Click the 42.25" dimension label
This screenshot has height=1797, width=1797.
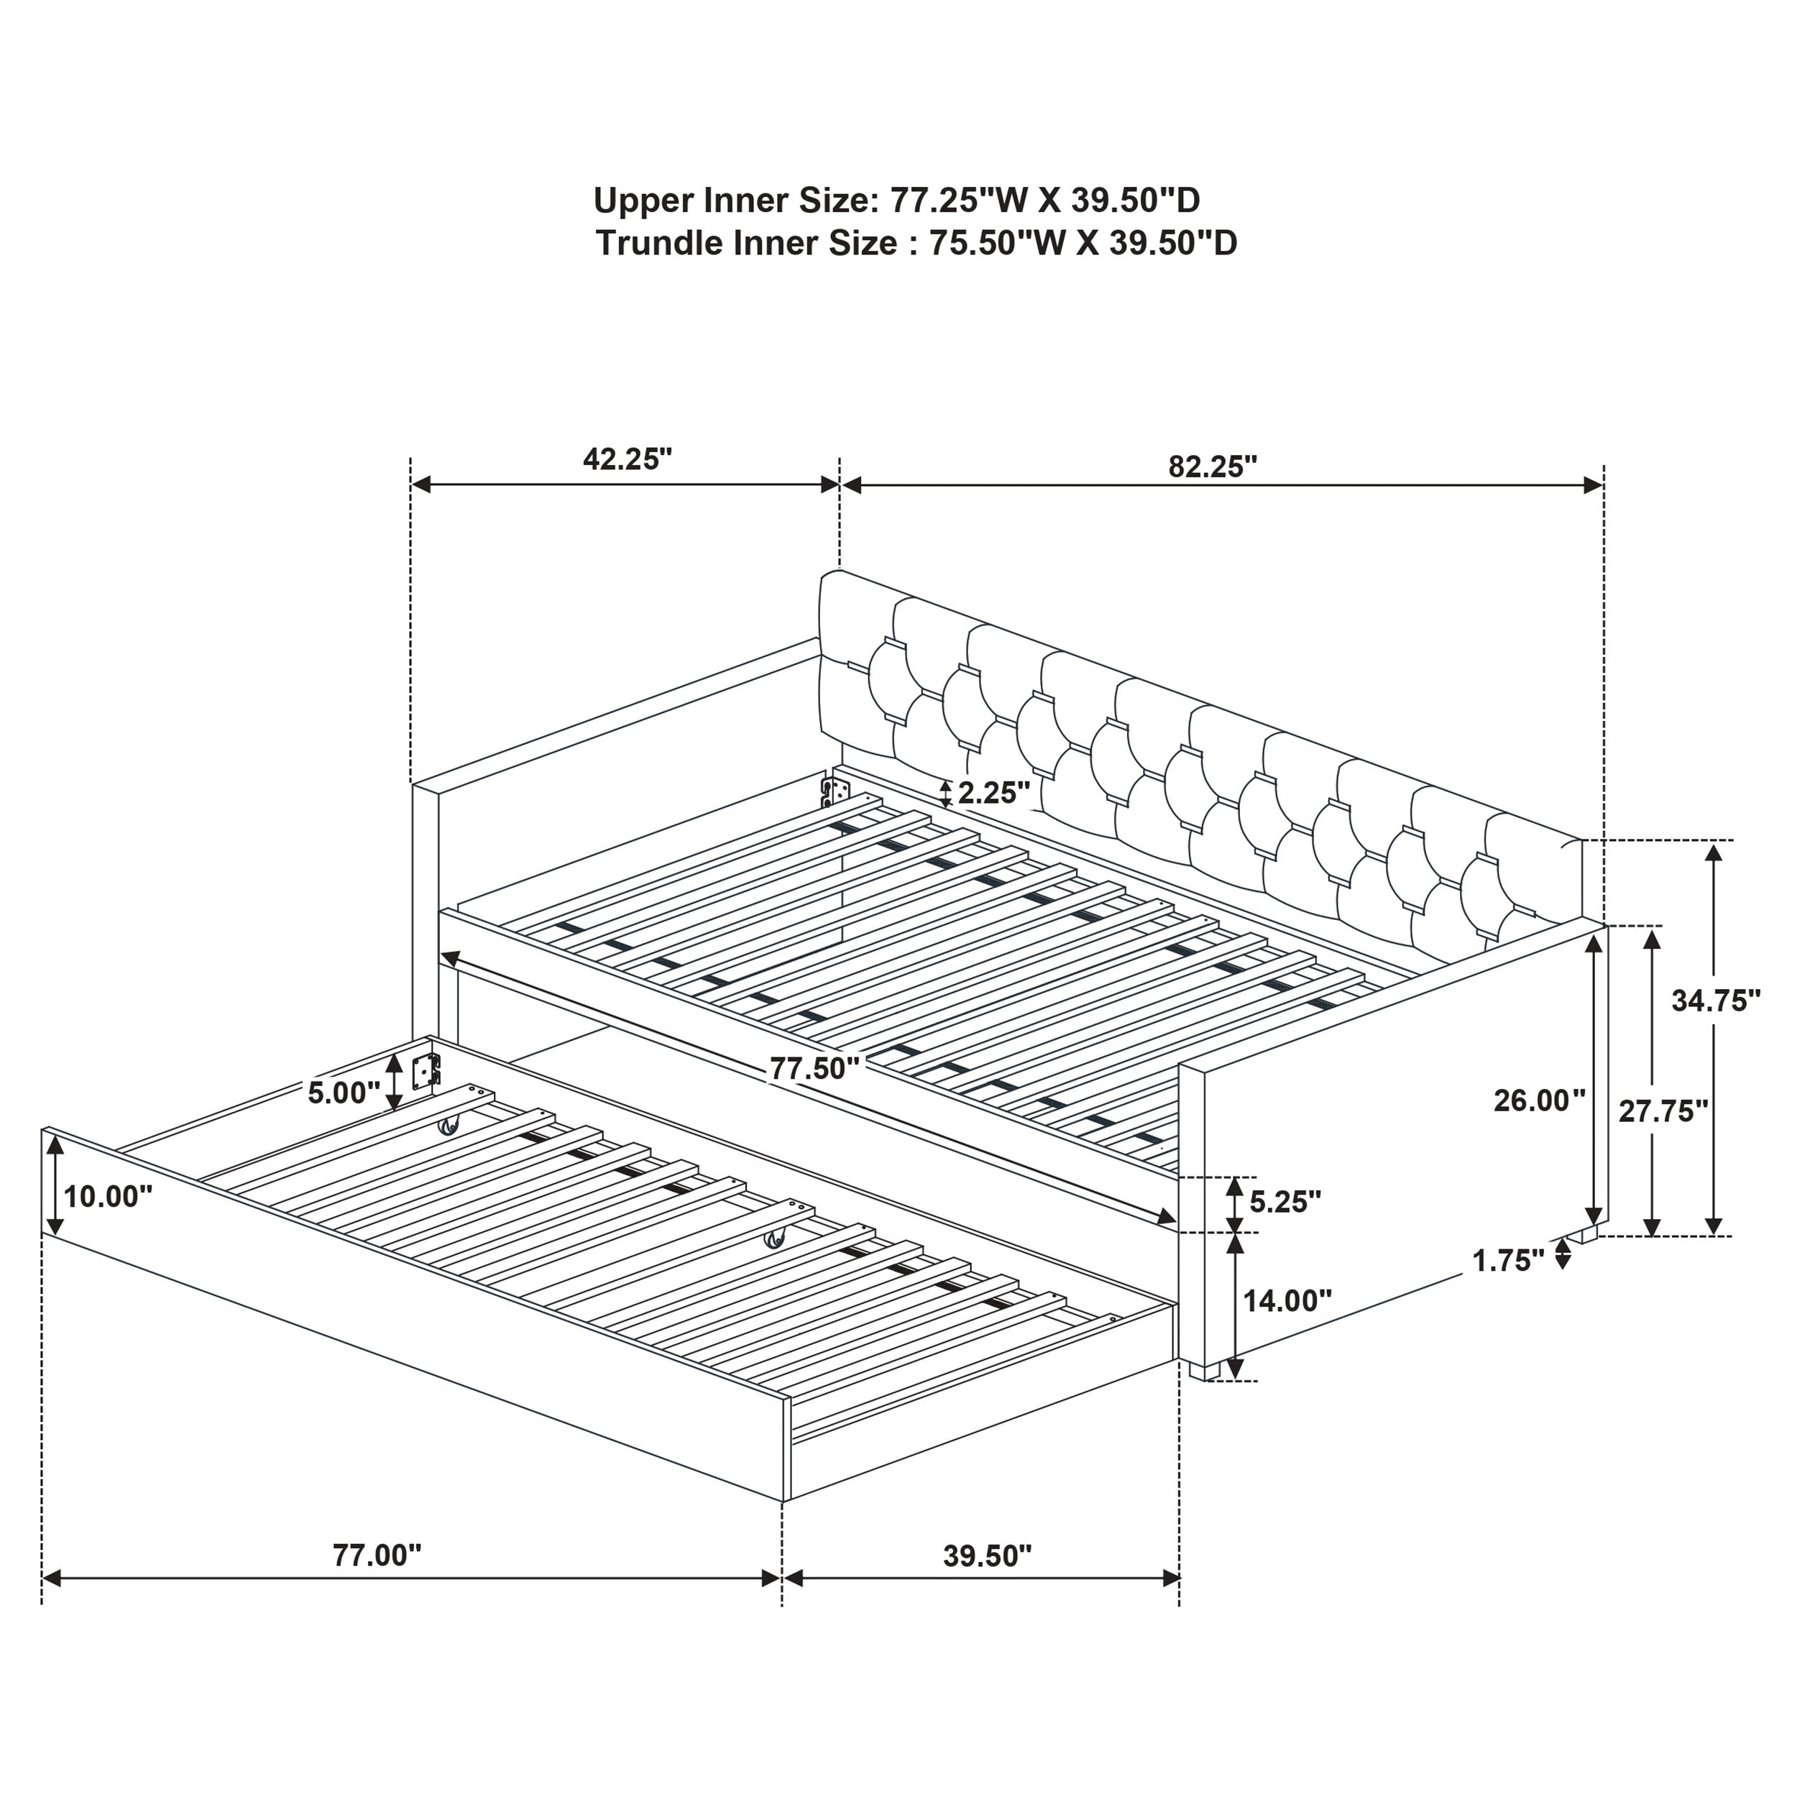coord(627,459)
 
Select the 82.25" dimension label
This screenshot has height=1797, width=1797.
coord(1213,467)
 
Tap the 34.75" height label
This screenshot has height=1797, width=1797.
coord(1716,1001)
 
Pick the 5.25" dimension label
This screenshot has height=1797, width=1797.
coord(1284,1202)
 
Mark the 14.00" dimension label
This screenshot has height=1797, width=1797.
coord(1287,1300)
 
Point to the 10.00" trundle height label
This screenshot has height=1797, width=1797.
coord(108,1196)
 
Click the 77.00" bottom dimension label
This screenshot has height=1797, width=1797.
coord(377,1555)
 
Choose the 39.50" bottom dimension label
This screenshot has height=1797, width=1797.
coord(987,1556)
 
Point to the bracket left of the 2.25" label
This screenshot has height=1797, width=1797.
coord(835,791)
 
